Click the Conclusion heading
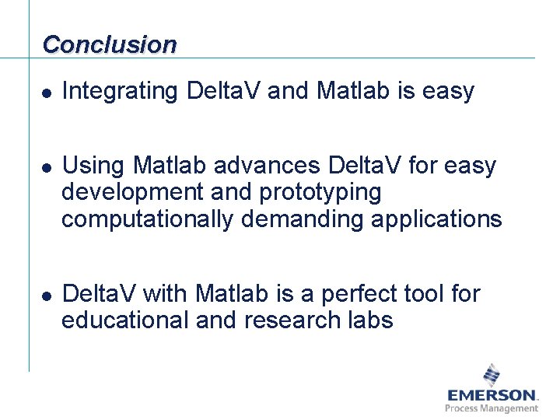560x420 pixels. (x=110, y=44)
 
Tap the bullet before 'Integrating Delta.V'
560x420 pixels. (x=47, y=93)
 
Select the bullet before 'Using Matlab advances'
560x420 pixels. (x=47, y=168)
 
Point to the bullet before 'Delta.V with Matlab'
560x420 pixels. (x=47, y=296)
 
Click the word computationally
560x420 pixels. (x=147, y=219)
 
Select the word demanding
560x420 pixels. (x=302, y=219)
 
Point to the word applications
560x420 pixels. (x=436, y=219)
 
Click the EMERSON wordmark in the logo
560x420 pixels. (x=491, y=395)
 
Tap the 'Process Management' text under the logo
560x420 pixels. (x=491, y=408)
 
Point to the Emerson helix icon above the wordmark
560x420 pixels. (x=492, y=374)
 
